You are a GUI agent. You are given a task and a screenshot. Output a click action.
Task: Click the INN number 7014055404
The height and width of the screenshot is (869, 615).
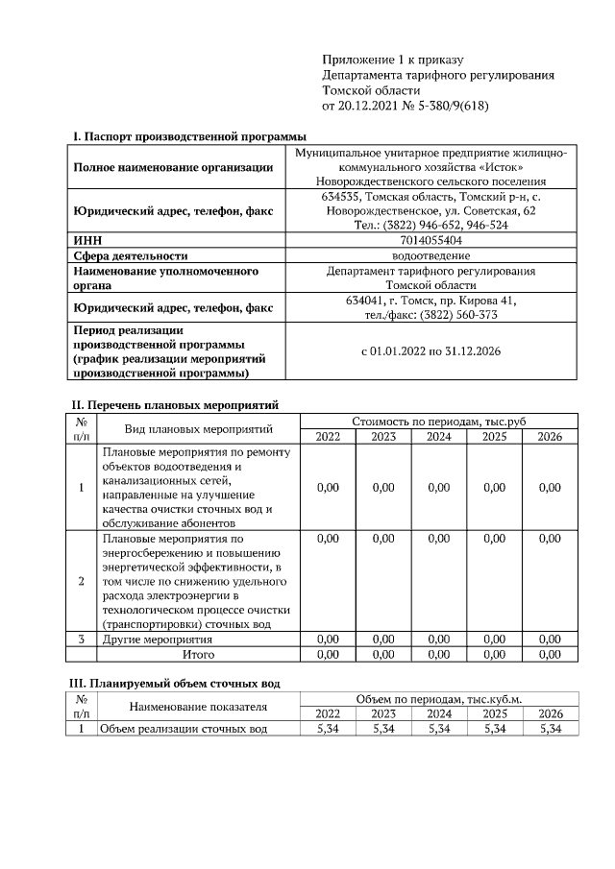click(x=430, y=240)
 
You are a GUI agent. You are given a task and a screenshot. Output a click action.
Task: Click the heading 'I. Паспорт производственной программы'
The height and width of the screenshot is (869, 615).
click(x=183, y=136)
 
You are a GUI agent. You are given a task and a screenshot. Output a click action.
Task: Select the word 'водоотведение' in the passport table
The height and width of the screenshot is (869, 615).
click(x=430, y=255)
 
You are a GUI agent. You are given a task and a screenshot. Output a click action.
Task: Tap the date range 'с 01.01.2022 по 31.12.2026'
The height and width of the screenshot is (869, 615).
click(x=430, y=351)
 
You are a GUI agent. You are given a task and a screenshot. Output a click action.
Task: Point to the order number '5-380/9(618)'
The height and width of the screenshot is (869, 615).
click(x=452, y=105)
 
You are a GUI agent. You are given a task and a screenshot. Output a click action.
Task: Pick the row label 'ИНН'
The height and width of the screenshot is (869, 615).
click(x=88, y=240)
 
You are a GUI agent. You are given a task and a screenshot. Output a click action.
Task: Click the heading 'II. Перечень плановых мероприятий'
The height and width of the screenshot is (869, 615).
click(x=176, y=405)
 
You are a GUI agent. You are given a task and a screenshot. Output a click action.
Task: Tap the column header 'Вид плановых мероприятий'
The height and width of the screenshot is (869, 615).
click(x=199, y=428)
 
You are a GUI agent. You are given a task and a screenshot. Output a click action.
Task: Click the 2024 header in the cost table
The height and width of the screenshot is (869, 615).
click(x=438, y=436)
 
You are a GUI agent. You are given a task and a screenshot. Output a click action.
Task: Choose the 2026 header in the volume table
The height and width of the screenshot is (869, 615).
click(x=550, y=713)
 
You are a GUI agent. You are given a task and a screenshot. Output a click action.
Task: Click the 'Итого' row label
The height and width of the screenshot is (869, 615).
click(x=199, y=654)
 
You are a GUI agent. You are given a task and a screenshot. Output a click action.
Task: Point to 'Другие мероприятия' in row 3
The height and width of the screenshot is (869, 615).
click(x=157, y=639)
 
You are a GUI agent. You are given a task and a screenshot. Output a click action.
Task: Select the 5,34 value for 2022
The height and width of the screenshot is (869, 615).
click(x=328, y=729)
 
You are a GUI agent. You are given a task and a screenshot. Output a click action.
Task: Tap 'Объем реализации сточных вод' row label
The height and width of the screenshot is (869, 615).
click(x=184, y=729)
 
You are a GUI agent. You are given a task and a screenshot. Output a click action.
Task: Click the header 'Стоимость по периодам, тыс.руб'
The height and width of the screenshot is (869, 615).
click(x=438, y=421)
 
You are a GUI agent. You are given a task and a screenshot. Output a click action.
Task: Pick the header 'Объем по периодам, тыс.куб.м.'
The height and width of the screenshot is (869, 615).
click(x=438, y=698)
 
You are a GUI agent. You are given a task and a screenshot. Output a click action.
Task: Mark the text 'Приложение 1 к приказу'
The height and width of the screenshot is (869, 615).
click(x=393, y=59)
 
